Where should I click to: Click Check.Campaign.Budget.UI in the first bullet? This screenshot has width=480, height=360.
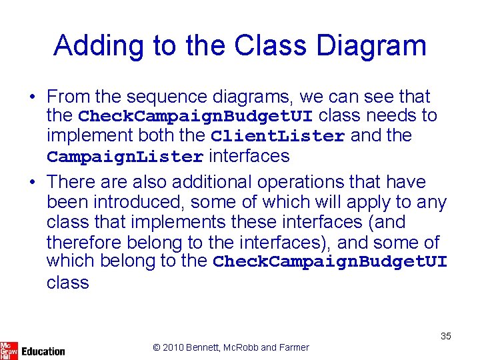tap(195, 117)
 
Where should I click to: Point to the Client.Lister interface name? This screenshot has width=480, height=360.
tap(277, 137)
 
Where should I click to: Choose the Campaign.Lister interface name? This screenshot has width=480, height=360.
tap(125, 157)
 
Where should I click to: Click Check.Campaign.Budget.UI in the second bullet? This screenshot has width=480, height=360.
tap(330, 262)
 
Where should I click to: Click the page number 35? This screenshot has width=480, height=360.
tap(446, 336)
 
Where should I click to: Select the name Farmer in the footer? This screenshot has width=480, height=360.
tap(294, 347)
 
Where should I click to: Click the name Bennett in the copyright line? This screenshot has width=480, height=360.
tap(205, 347)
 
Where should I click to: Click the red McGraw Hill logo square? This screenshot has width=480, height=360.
tap(9, 350)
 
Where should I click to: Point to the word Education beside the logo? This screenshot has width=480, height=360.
tap(43, 351)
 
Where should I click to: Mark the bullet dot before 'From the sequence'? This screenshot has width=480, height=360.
tap(32, 97)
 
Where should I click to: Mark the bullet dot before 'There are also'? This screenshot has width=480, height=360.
tap(32, 182)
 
